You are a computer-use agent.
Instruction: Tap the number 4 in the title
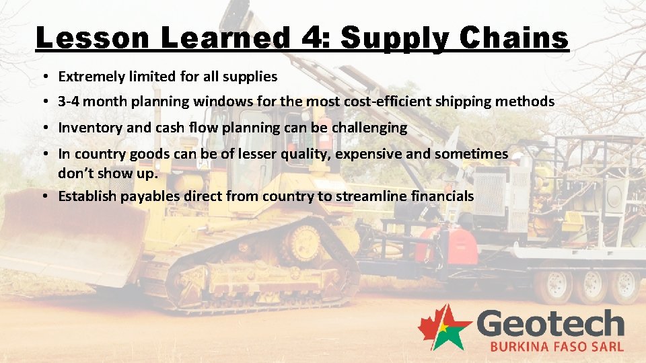312,38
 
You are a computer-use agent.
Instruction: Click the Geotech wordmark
550,325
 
